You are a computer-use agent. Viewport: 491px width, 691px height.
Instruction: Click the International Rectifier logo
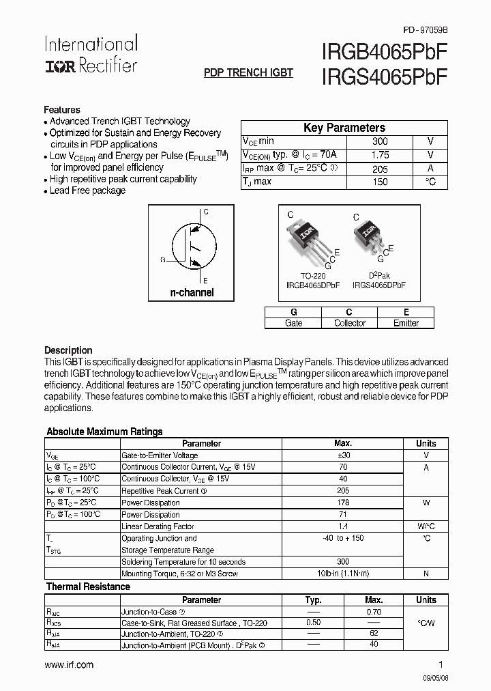click(91, 55)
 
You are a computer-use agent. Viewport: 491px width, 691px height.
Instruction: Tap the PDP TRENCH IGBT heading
click(249, 73)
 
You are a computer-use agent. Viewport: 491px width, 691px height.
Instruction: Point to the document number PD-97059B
click(426, 29)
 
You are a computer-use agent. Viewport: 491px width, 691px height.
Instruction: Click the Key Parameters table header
click(344, 128)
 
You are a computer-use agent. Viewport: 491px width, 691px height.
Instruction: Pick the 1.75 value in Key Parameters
click(380, 155)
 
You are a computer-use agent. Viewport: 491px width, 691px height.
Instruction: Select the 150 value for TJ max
click(380, 182)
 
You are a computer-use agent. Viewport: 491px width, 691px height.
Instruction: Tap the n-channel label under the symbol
click(192, 292)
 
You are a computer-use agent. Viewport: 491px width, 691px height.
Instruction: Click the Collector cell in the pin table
click(350, 323)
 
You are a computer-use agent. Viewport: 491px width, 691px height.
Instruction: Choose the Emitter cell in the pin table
click(406, 323)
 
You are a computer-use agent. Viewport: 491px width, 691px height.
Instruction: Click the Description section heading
click(68, 350)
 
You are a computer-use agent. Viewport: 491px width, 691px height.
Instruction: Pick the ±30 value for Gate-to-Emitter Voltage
click(343, 455)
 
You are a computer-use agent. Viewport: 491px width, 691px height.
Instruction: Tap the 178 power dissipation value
click(343, 503)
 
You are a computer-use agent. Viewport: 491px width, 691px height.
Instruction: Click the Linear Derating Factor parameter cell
click(158, 526)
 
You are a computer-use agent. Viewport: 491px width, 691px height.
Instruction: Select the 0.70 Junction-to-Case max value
click(374, 612)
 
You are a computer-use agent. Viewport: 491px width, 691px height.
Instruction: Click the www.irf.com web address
click(69, 664)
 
